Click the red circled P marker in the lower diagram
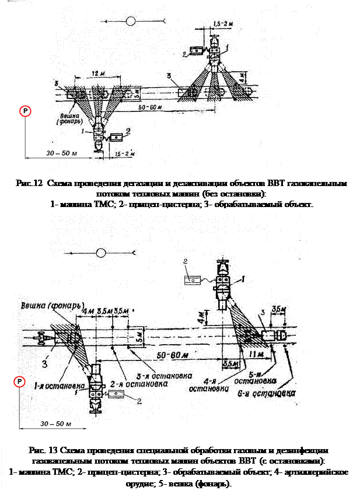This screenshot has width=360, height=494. coord(20,381)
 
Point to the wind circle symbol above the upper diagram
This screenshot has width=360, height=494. coord(131,22)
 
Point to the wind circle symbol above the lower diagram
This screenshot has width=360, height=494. coord(102,253)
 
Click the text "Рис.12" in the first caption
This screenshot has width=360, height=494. coord(28,183)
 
